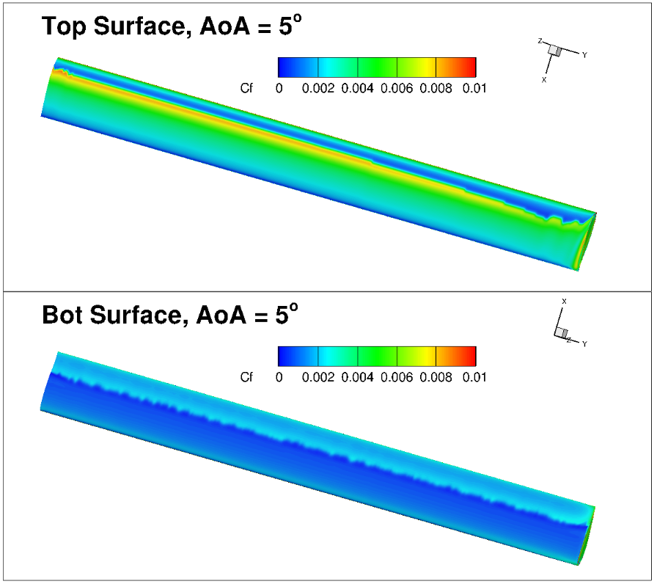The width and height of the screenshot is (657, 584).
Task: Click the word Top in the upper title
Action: (x=65, y=26)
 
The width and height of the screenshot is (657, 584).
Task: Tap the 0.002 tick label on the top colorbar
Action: (x=318, y=89)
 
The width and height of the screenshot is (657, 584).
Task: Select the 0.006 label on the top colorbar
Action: (x=397, y=89)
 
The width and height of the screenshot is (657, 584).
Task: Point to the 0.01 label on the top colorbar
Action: (x=474, y=89)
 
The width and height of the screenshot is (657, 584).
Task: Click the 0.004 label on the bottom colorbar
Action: (x=357, y=377)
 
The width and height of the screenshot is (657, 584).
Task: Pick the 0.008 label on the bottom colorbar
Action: (x=436, y=377)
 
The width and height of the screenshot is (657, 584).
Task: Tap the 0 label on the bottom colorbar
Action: (x=279, y=377)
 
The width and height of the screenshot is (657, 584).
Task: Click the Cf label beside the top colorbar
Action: (x=246, y=88)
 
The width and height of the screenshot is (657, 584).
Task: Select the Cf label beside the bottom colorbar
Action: (x=246, y=377)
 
